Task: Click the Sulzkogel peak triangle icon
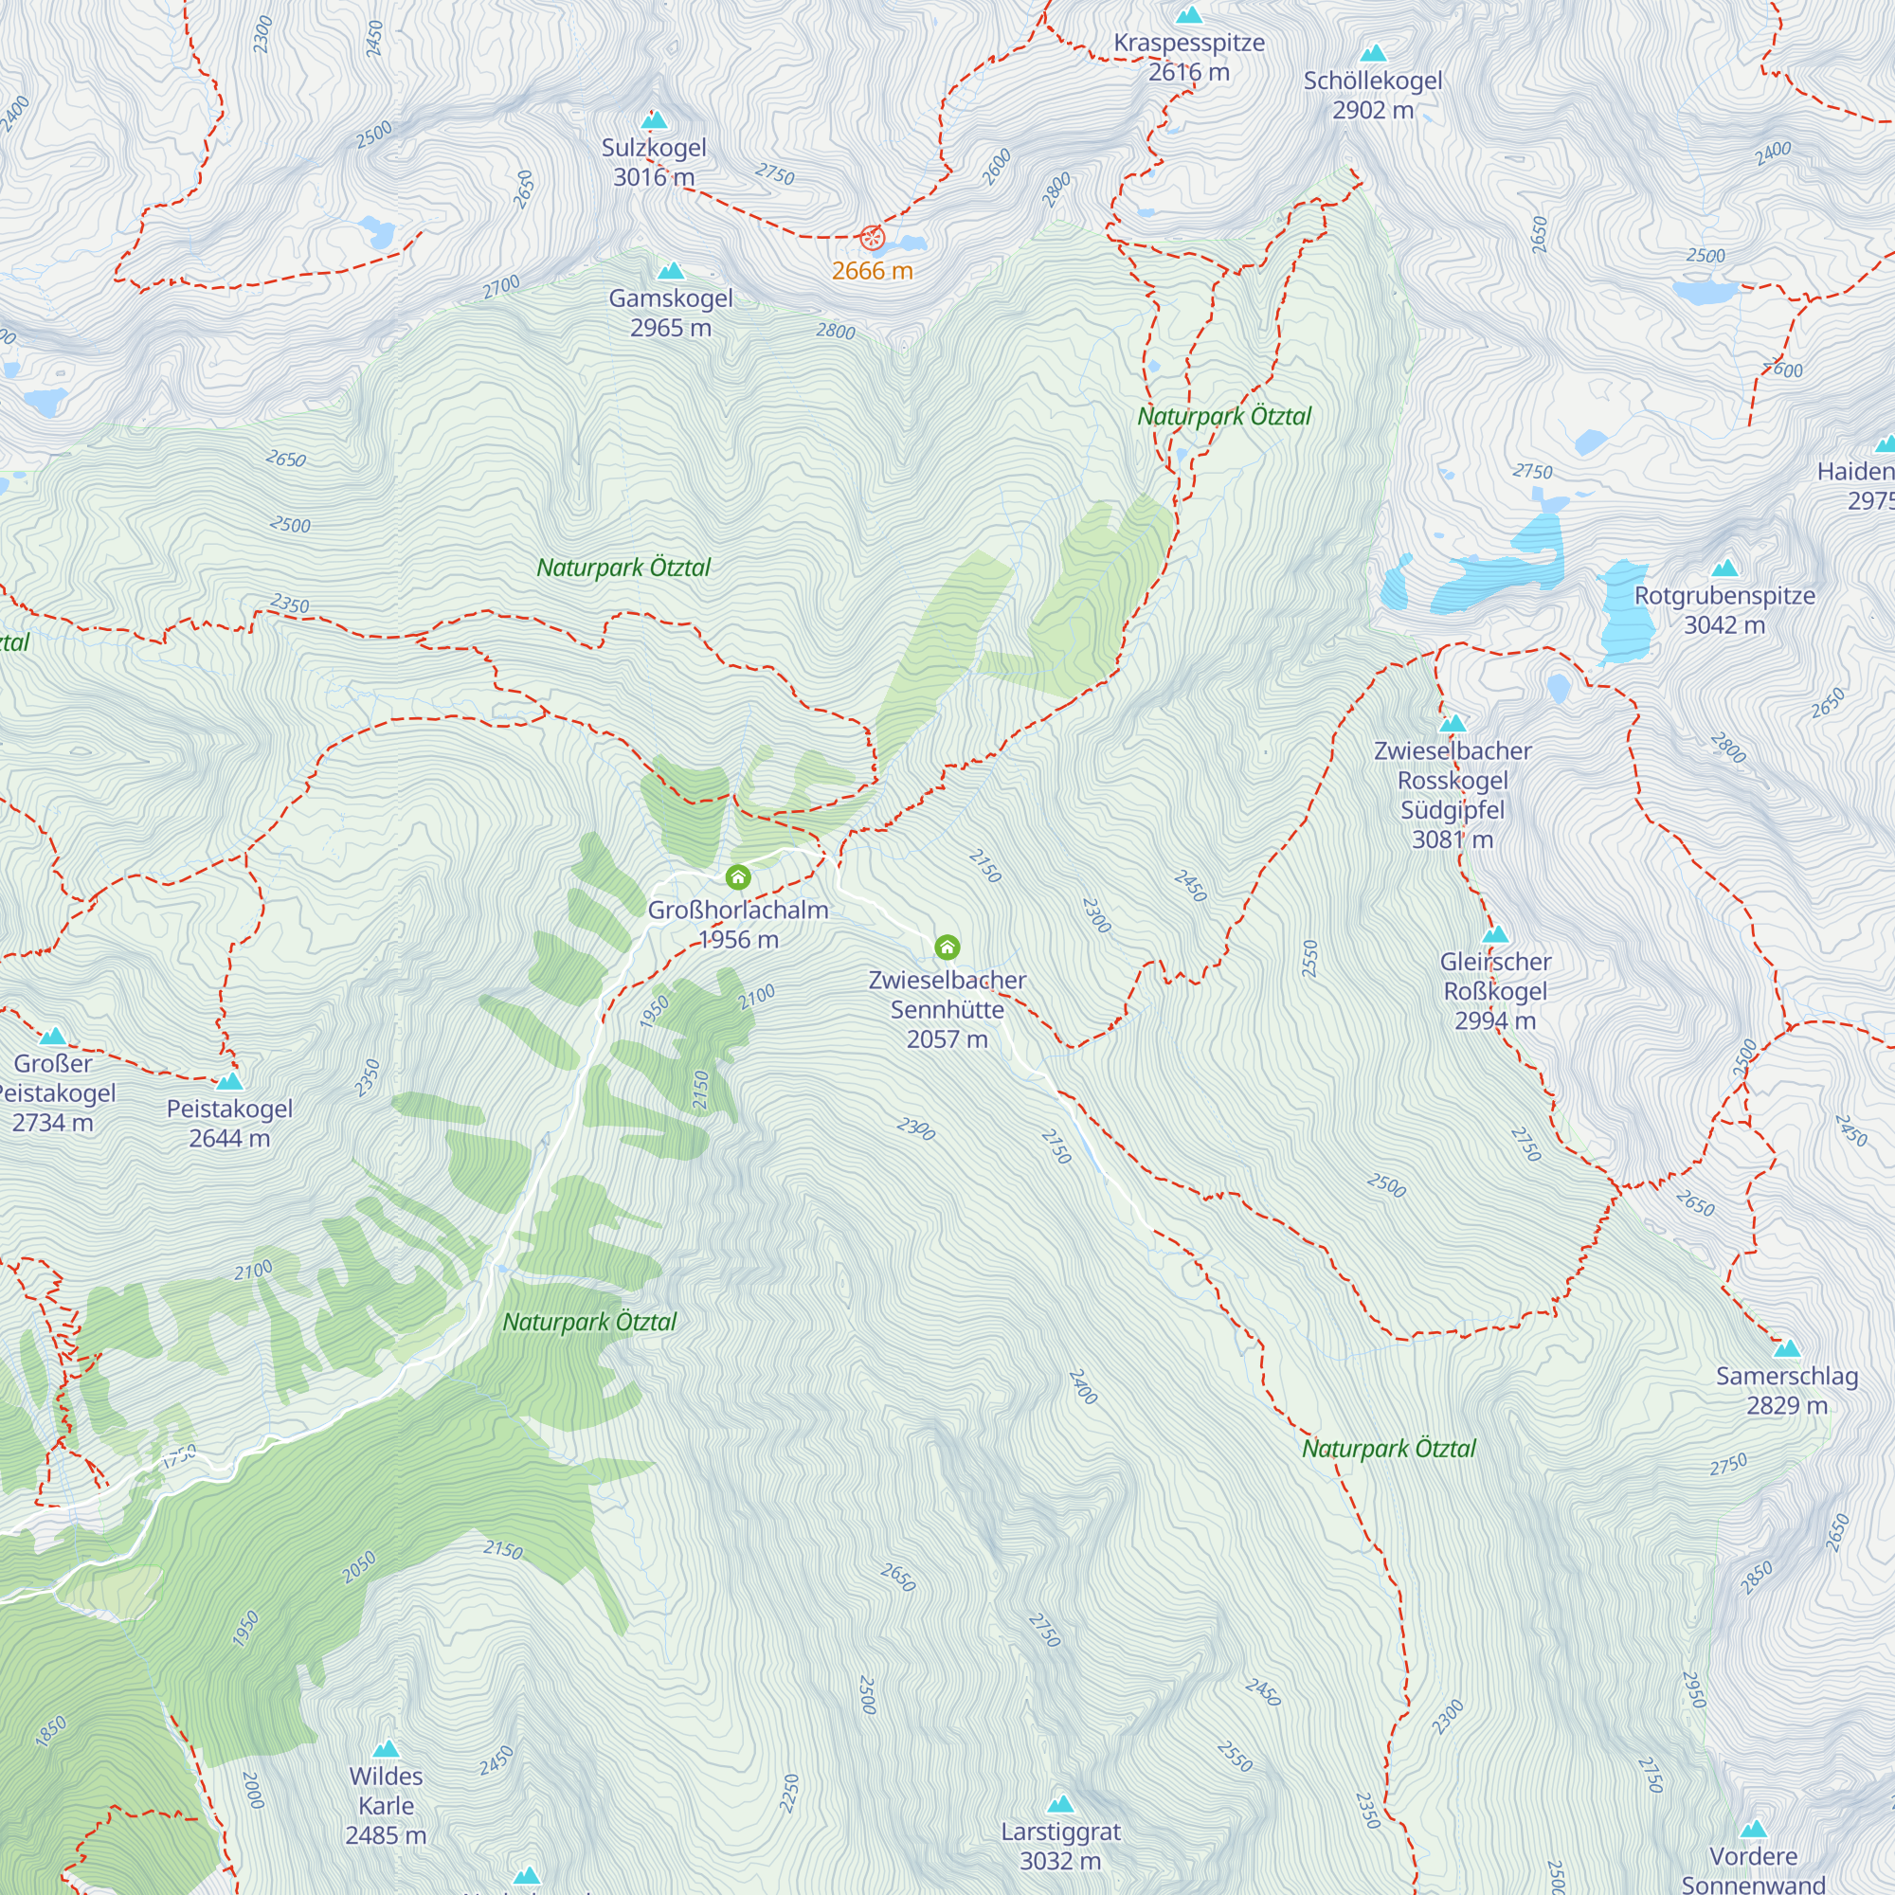click(x=654, y=120)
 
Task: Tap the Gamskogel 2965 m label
click(x=671, y=312)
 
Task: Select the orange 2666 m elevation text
click(x=872, y=272)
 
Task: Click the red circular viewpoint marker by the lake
click(x=872, y=238)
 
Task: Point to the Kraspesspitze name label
click(x=1189, y=44)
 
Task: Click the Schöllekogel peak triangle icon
click(x=1373, y=53)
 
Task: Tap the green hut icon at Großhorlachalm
click(x=737, y=875)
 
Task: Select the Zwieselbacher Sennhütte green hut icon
click(x=947, y=947)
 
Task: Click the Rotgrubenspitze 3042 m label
click(x=1724, y=610)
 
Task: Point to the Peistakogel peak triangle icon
click(x=229, y=1081)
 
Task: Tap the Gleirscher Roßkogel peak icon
click(x=1495, y=934)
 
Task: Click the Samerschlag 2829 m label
click(x=1787, y=1390)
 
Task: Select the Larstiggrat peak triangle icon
click(x=1060, y=1804)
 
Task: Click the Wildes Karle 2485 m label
click(x=387, y=1805)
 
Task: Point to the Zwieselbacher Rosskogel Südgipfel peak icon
click(x=1453, y=723)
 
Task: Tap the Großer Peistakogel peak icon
click(x=53, y=1036)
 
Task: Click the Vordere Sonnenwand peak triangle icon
click(x=1754, y=1829)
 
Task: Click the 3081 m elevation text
click(x=1453, y=839)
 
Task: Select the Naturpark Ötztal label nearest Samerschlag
click(x=1389, y=1449)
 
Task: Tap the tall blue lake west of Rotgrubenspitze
click(x=1626, y=614)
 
